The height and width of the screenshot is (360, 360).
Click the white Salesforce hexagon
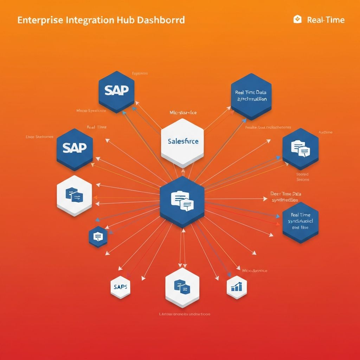[x=182, y=142]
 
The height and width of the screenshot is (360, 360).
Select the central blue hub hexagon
[x=182, y=201]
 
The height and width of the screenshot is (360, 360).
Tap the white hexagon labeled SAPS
[x=121, y=286]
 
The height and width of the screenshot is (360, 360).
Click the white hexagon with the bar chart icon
[x=237, y=287]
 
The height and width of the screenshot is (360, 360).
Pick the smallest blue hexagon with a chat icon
[x=98, y=237]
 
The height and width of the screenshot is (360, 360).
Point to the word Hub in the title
[x=125, y=20]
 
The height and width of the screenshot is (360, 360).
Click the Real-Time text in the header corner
[x=326, y=20]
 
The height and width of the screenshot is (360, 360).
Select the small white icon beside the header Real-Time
[x=297, y=19]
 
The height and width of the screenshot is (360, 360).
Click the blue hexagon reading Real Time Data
[x=251, y=96]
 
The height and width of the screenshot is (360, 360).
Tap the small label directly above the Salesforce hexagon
[x=183, y=112]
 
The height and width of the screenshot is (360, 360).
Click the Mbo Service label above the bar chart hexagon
[x=255, y=271]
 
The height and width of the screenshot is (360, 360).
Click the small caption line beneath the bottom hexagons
[x=185, y=314]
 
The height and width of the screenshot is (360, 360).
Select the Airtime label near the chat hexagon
[x=325, y=132]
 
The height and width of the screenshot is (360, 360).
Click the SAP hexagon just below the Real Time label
[x=75, y=148]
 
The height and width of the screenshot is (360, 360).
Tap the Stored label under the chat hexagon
[x=302, y=174]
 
